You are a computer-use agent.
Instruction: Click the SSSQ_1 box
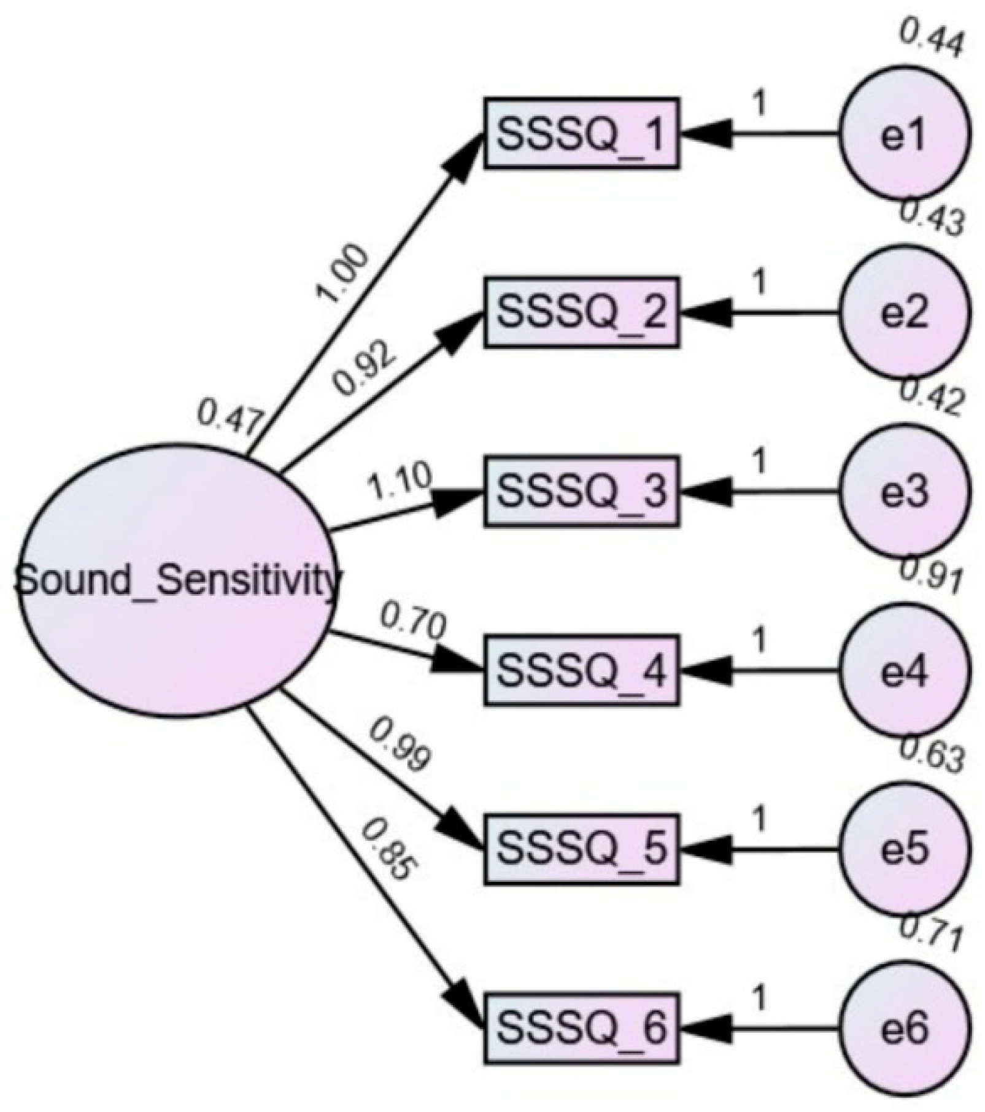[x=581, y=133]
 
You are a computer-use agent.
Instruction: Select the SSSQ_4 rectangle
[x=581, y=670]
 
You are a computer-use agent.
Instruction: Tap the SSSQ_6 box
[x=581, y=1029]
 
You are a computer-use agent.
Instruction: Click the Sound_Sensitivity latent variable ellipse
[x=175, y=581]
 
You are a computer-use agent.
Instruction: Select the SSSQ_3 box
[x=581, y=491]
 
